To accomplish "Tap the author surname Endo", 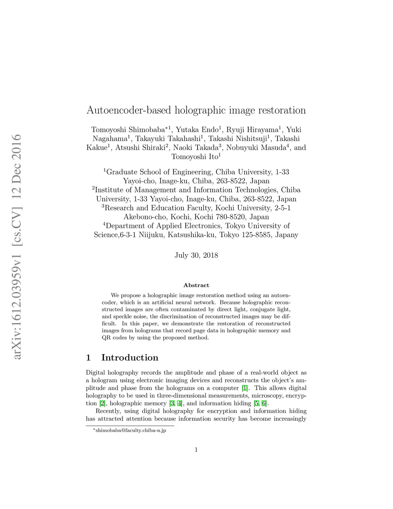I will pos(210,130).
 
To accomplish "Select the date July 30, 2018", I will pos(196,255).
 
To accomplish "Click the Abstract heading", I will pos(196,285).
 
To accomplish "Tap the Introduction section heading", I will pos(130,358).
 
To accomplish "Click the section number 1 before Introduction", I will pos(89,358).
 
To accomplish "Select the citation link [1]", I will pos(244,388).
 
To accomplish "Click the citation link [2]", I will pos(102,403).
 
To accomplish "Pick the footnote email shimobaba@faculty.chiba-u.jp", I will pos(131,431).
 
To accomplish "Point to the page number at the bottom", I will pos(196,450).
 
